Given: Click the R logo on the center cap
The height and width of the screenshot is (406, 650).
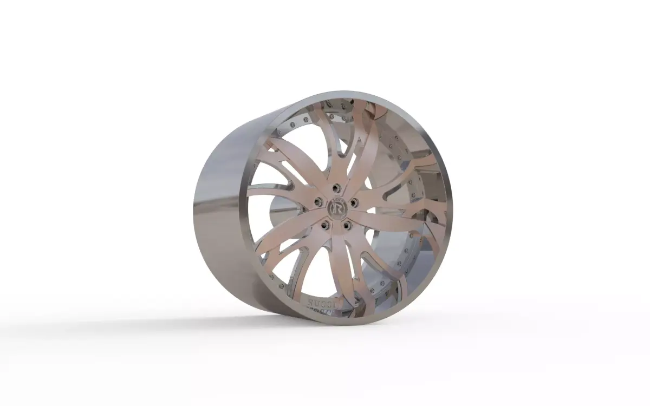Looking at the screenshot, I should click(336, 207).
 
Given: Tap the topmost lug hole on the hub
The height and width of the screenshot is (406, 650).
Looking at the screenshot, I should click(336, 187).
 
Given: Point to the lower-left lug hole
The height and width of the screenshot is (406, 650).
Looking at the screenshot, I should click(325, 224).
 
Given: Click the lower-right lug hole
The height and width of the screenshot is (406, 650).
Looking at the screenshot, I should click(347, 223).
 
